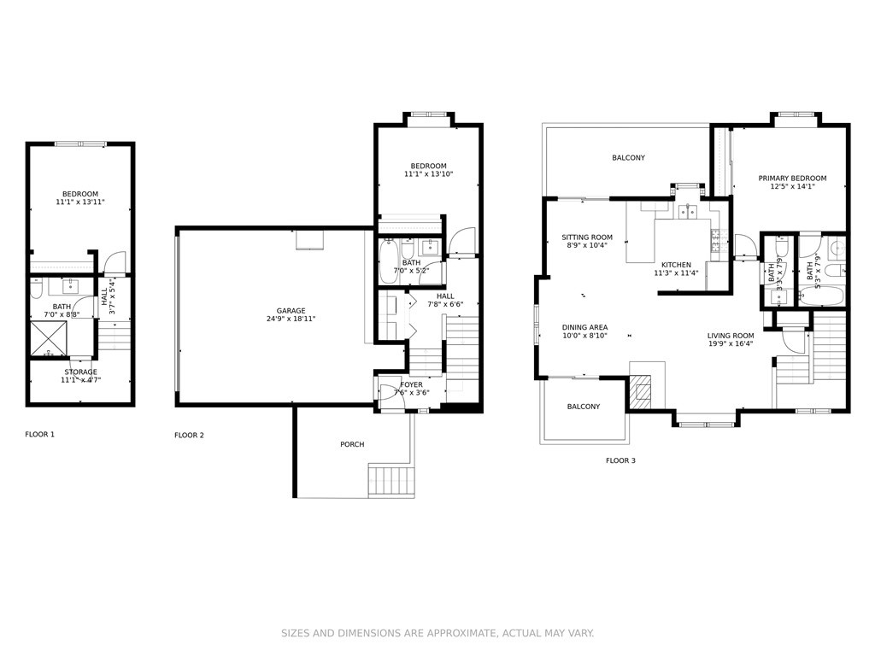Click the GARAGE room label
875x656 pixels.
(291, 311)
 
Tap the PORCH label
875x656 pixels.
(352, 444)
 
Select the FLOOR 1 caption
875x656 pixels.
(39, 435)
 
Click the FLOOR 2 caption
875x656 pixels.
(189, 436)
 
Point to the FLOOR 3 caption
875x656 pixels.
(620, 461)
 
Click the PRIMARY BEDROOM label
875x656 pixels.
(792, 179)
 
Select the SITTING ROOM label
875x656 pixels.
(587, 237)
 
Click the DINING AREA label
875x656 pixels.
(584, 327)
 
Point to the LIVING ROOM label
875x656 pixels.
(731, 336)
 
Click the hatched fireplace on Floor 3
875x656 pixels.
(639, 392)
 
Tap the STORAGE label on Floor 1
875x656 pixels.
(81, 372)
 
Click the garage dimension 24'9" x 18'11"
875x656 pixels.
(291, 319)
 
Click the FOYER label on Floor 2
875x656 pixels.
(412, 385)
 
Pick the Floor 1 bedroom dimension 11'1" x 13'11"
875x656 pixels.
(80, 202)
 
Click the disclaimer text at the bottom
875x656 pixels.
(437, 633)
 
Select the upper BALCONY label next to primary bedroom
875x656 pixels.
(628, 158)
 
